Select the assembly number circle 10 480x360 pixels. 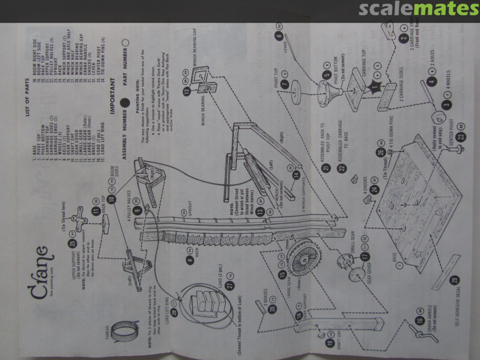(x=112, y=198)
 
